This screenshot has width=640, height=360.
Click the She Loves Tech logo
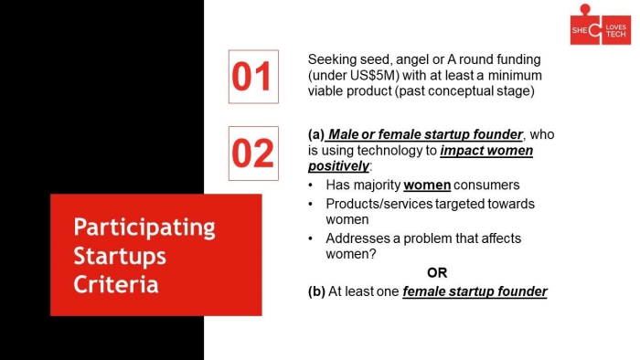(x=601, y=25)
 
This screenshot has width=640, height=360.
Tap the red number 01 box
(x=253, y=77)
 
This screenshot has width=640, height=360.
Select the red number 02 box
(x=253, y=154)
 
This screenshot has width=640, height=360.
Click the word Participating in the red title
(x=144, y=228)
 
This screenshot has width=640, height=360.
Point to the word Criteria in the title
(x=116, y=284)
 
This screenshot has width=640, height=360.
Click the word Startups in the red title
(x=120, y=257)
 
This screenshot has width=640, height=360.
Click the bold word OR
(x=437, y=273)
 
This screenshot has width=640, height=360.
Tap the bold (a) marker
(x=316, y=134)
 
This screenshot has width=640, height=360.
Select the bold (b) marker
(x=316, y=291)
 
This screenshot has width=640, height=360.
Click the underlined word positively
(x=338, y=166)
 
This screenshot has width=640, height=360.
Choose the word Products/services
(x=379, y=204)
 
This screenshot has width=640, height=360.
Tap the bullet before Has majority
(x=311, y=185)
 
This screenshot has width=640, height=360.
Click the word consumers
(x=486, y=185)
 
